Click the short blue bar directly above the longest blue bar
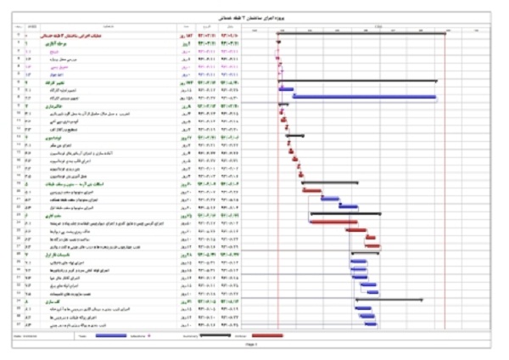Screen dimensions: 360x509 pyautogui.click(x=286, y=88)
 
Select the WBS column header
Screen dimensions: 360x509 pyautogui.click(x=31, y=29)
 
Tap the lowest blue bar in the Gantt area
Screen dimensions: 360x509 pyautogui.click(x=370, y=323)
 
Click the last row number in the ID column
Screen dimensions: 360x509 pyautogui.click(x=8, y=323)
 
